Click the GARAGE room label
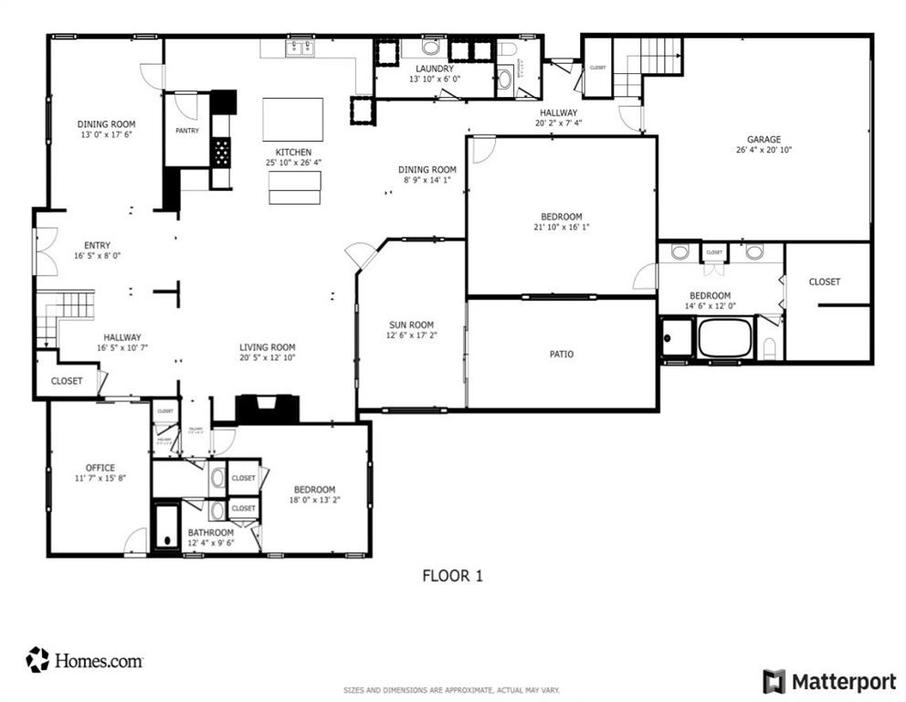tap(764, 139)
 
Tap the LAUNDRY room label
tap(434, 69)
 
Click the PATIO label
tap(562, 354)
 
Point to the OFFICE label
tap(100, 468)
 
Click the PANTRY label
tap(186, 131)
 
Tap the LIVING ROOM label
tap(267, 347)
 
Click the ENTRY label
tap(97, 245)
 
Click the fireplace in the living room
tap(268, 409)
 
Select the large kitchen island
tap(292, 119)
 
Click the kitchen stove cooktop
tap(221, 151)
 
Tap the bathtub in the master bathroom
tap(724, 338)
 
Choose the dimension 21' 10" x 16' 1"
tap(562, 228)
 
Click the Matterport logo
tap(829, 681)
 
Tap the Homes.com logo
tap(84, 660)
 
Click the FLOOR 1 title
tap(451, 576)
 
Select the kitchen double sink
tap(299, 48)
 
